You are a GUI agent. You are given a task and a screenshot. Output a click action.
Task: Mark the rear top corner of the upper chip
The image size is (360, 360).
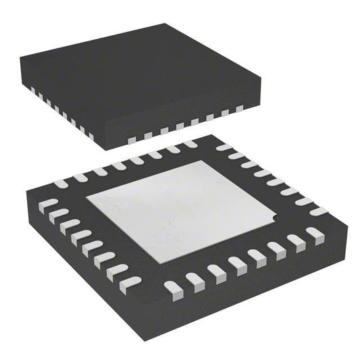click(x=165, y=25)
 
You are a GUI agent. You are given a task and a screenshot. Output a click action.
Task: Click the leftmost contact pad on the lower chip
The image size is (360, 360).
click(x=45, y=203)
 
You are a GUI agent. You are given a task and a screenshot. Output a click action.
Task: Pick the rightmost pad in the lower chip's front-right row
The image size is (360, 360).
click(x=315, y=234)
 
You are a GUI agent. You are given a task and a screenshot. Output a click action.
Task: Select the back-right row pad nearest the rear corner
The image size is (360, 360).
click(x=224, y=147)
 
